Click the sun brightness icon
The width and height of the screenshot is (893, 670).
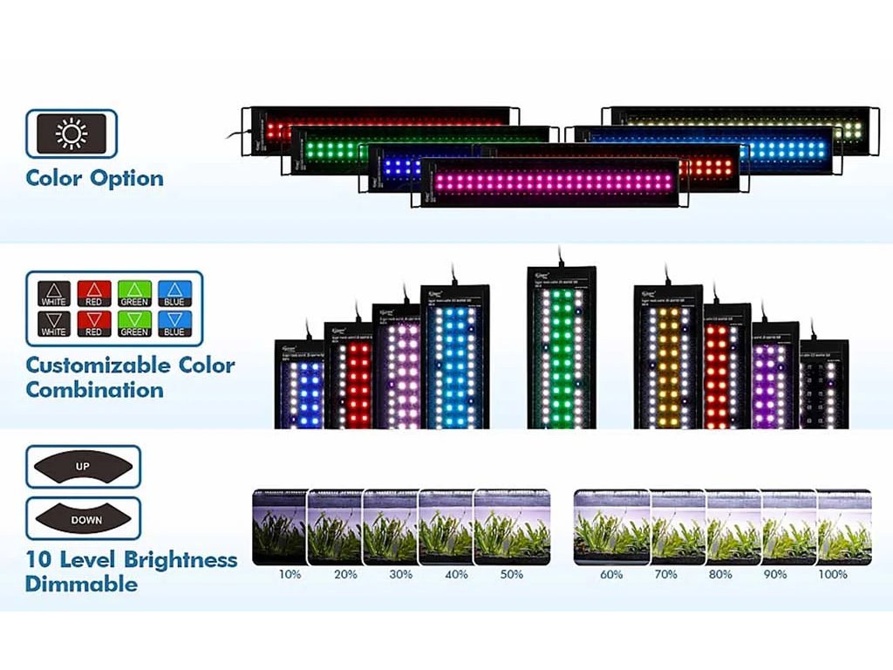(x=72, y=133)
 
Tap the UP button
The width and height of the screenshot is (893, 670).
(x=83, y=467)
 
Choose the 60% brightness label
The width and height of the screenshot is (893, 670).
(x=611, y=575)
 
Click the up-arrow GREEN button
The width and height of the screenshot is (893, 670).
(x=134, y=292)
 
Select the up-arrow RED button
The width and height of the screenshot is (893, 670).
(x=94, y=292)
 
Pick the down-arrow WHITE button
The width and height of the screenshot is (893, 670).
(x=54, y=324)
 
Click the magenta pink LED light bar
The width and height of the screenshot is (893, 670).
(x=549, y=182)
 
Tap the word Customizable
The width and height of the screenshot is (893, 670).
(x=98, y=365)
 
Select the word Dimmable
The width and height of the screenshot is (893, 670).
(x=81, y=585)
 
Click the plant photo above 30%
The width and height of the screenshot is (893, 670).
(x=391, y=526)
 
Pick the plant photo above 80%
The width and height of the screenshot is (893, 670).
(x=733, y=526)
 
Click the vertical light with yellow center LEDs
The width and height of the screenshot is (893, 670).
(x=668, y=358)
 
